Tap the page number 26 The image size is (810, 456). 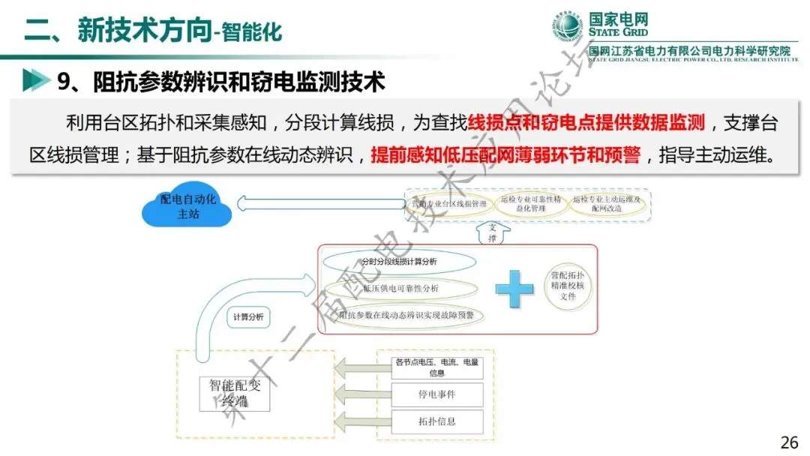click(789, 442)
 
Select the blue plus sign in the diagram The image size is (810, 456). click(514, 289)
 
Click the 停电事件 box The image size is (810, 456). click(436, 393)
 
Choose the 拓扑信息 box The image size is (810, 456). click(436, 421)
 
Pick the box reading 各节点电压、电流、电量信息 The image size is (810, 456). click(436, 367)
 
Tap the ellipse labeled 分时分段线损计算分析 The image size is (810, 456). click(399, 262)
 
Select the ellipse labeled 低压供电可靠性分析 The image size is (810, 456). click(400, 289)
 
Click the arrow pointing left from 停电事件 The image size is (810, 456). click(359, 393)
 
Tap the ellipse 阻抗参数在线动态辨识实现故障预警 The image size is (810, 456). click(405, 316)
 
